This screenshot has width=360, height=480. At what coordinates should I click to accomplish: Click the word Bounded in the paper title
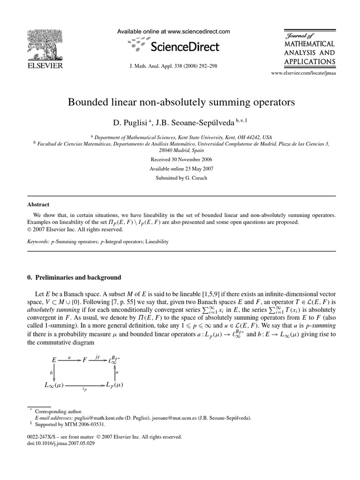(90, 102)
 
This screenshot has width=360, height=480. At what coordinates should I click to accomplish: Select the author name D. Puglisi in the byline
(129, 122)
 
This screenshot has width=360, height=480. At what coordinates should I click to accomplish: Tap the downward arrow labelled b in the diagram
(55, 372)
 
